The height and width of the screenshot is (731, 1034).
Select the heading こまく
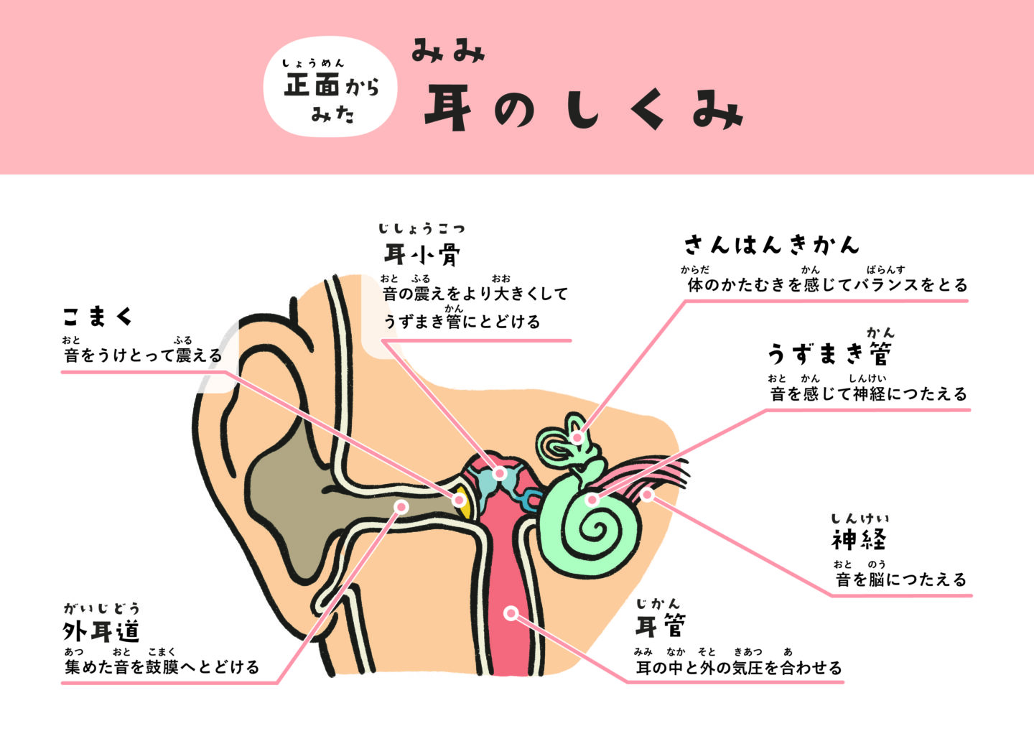pyautogui.click(x=98, y=317)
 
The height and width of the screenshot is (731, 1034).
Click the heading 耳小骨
pyautogui.click(x=422, y=255)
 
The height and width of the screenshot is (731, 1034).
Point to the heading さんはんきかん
pyautogui.click(x=771, y=245)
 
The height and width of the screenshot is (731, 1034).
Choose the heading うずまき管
pyautogui.click(x=829, y=353)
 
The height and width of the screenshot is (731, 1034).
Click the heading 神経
pyautogui.click(x=859, y=539)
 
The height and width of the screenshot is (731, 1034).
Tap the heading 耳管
pyautogui.click(x=660, y=626)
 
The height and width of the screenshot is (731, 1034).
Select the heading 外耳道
pyautogui.click(x=101, y=632)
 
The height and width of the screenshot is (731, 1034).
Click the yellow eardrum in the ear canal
pyautogui.click(x=464, y=506)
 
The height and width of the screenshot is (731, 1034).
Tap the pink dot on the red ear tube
pyautogui.click(x=511, y=613)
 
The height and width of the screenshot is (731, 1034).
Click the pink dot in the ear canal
pyautogui.click(x=401, y=507)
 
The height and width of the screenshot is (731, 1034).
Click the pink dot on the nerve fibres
pyautogui.click(x=647, y=494)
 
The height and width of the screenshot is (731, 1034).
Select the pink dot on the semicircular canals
pyautogui.click(x=577, y=437)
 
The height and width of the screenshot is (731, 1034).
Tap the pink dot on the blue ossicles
pyautogui.click(x=500, y=473)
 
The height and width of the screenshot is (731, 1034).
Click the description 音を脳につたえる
pyautogui.click(x=901, y=579)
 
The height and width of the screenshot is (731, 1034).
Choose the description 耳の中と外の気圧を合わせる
pyautogui.click(x=739, y=668)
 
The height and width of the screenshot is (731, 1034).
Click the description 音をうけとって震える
pyautogui.click(x=143, y=355)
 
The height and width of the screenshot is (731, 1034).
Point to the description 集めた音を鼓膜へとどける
pyautogui.click(x=162, y=667)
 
